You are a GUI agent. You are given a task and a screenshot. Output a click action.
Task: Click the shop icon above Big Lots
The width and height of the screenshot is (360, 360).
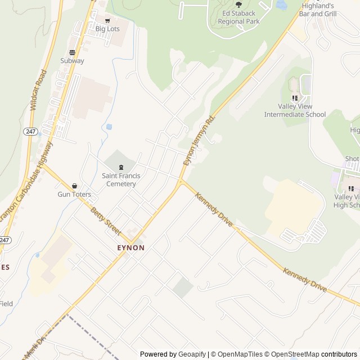pyautogui.click(x=107, y=21)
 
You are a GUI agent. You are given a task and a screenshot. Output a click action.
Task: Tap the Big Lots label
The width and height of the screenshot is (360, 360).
pyautogui.click(x=107, y=29)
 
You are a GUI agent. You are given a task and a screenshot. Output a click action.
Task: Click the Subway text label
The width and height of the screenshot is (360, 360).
pyautogui.click(x=72, y=61)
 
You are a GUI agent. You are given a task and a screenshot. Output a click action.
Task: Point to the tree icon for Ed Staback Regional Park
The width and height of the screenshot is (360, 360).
pyautogui.click(x=239, y=4)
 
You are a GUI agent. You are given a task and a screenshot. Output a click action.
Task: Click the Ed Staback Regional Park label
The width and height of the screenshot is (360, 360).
pyautogui.click(x=239, y=17)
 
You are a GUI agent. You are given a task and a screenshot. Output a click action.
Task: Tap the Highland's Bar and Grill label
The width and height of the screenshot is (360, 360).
pyautogui.click(x=318, y=10)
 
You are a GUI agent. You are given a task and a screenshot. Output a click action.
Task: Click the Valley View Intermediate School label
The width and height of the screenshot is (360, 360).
pyautogui.click(x=295, y=110)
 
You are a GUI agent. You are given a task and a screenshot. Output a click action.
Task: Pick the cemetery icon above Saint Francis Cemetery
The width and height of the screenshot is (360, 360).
pyautogui.click(x=121, y=167)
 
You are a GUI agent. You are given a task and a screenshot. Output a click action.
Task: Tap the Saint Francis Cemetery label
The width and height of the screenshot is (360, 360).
pyautogui.click(x=119, y=180)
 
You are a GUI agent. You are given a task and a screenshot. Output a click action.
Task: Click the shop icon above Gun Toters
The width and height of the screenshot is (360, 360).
pyautogui.click(x=74, y=186)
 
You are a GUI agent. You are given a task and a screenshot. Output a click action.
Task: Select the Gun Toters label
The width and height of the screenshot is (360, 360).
pyautogui.click(x=74, y=195)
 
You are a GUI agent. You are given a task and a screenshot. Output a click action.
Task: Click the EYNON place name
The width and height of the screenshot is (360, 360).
pyautogui.click(x=130, y=247)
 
